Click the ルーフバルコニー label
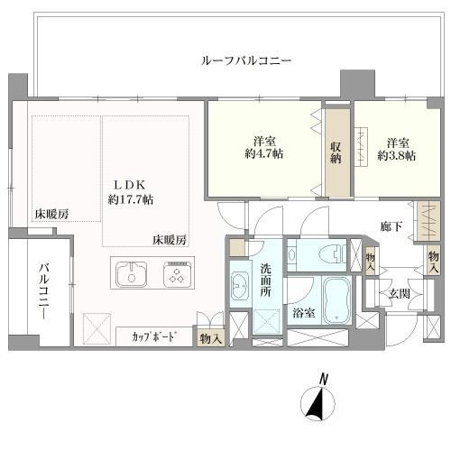(x=244, y=60)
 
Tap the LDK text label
(x=130, y=180)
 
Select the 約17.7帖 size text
(x=130, y=198)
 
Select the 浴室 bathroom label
(x=303, y=313)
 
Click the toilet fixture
(x=321, y=253)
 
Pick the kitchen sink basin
(x=133, y=274)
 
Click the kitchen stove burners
(x=177, y=274)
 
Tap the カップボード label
(x=155, y=337)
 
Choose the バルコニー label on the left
(x=43, y=292)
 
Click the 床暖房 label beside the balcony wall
(x=52, y=214)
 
